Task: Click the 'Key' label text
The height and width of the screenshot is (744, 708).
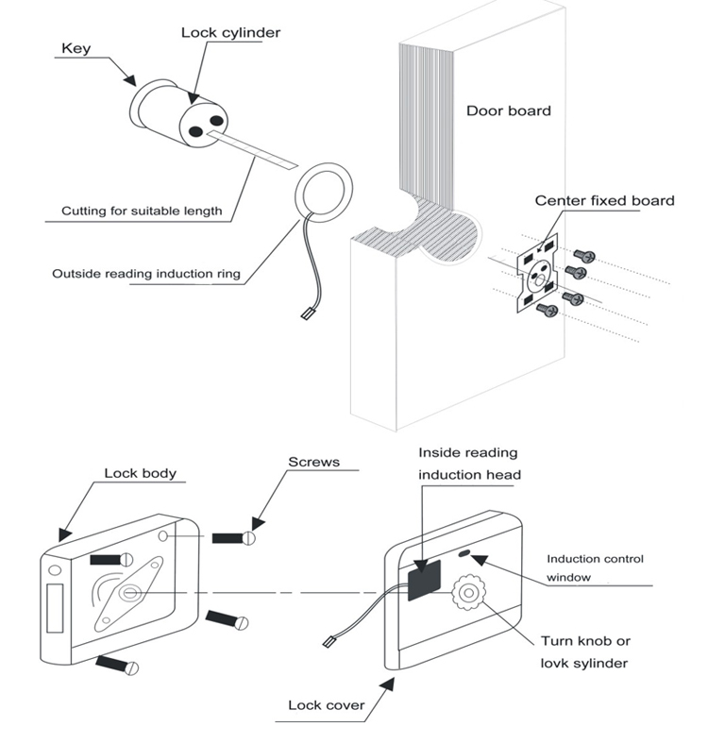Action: (76, 48)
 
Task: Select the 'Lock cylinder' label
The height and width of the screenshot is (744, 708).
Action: (230, 33)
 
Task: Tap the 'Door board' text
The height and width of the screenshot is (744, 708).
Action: (508, 110)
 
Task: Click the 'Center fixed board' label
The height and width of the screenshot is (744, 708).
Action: (604, 200)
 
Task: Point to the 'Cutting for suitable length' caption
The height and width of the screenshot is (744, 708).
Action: (142, 211)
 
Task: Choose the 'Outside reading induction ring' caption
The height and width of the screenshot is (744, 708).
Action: (146, 275)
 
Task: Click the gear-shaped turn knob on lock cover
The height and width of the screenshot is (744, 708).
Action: (468, 595)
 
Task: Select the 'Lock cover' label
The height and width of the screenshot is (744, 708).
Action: (325, 704)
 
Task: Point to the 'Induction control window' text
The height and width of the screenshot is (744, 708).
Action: (595, 567)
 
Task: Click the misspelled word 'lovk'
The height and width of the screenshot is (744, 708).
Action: (557, 663)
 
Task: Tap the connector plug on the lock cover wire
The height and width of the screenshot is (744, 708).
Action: (329, 642)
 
